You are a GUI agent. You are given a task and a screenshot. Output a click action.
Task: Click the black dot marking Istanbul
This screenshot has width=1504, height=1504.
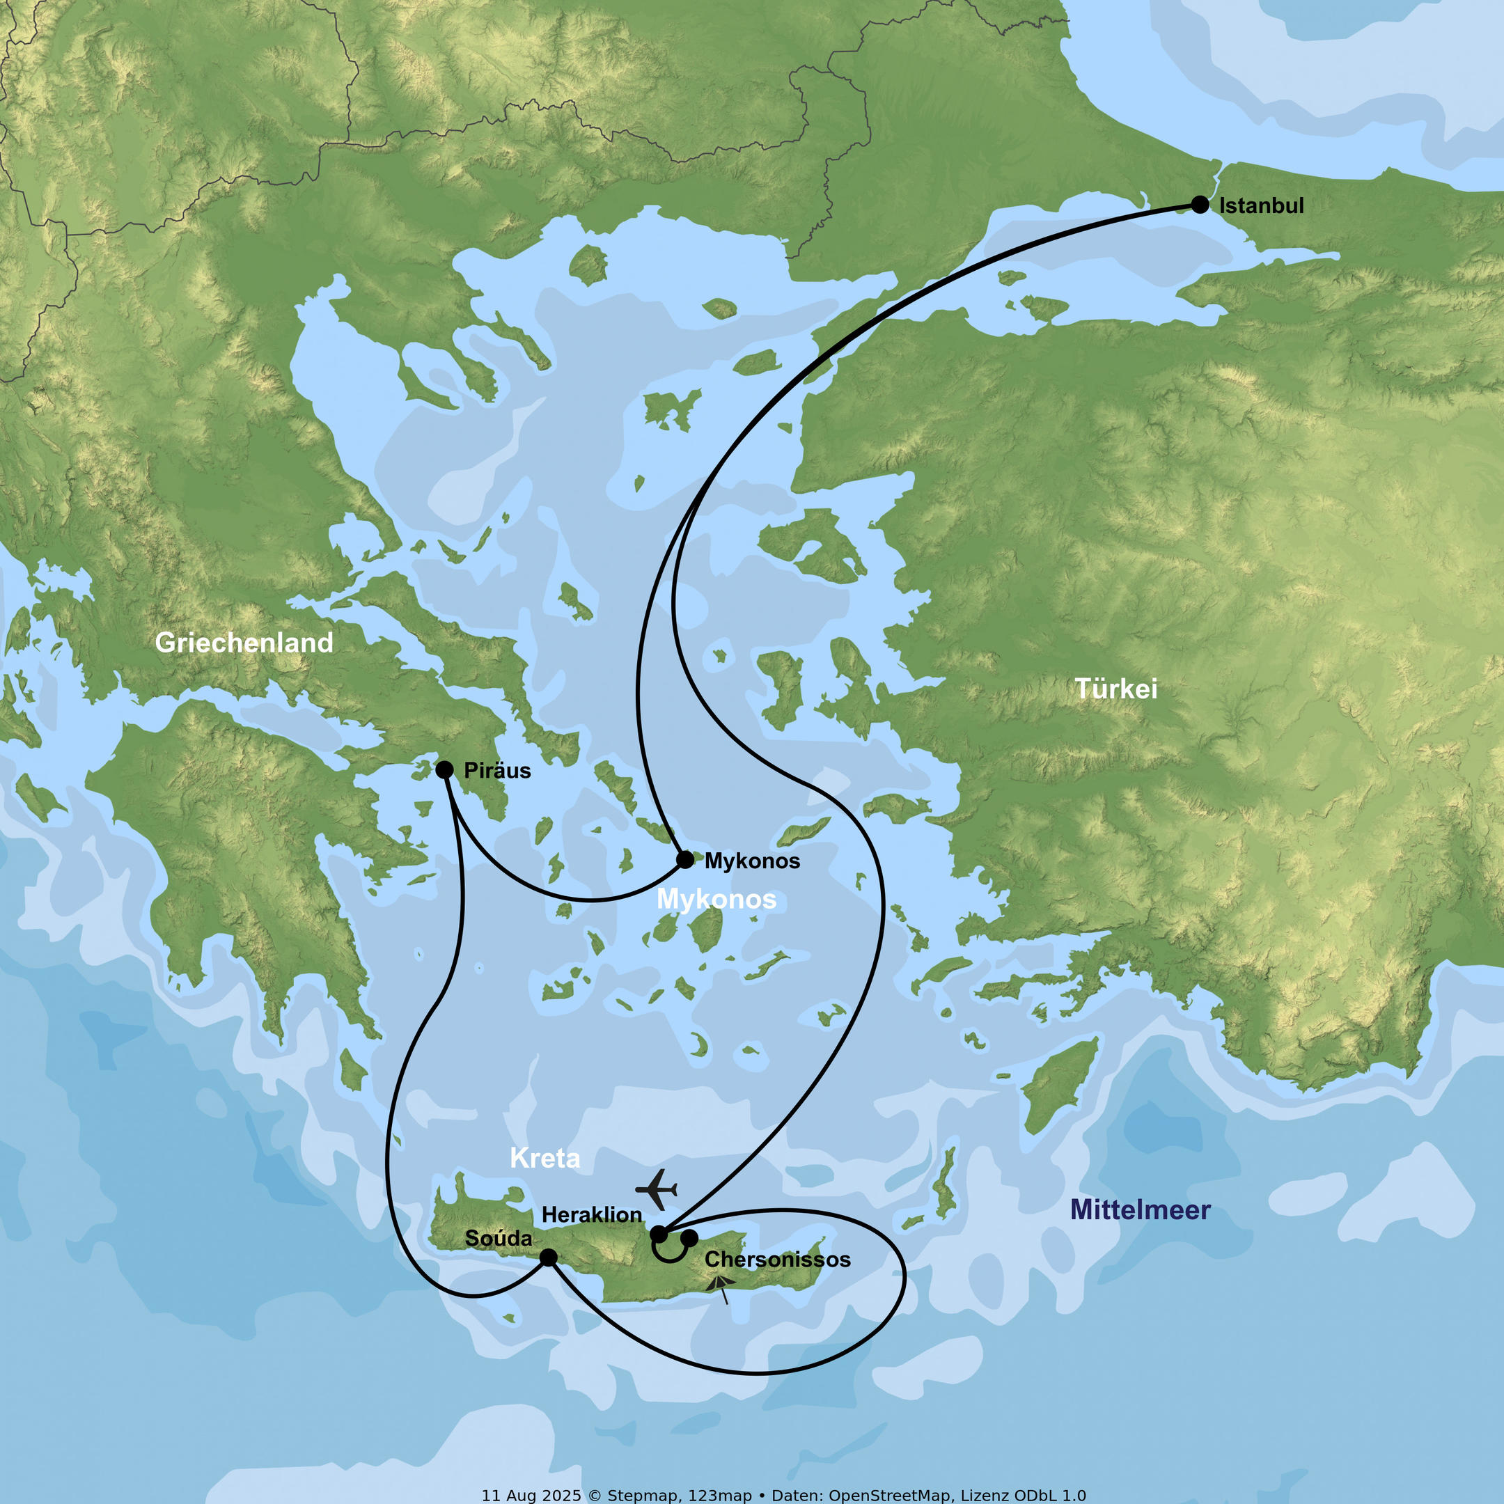(1200, 205)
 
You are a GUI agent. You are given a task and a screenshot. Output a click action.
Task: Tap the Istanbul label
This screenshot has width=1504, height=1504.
(1260, 205)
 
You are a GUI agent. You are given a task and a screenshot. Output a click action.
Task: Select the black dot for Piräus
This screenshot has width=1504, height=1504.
(444, 770)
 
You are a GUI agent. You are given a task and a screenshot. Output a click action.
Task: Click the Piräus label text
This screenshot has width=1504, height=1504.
(496, 771)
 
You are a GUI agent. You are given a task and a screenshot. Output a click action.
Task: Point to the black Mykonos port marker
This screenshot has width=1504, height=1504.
(685, 859)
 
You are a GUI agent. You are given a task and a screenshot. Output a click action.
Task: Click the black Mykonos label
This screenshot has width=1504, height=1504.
(751, 861)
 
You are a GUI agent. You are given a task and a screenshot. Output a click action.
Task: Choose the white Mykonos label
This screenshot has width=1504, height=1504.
(716, 899)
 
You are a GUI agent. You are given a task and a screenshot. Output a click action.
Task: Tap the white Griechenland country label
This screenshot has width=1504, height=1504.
(244, 642)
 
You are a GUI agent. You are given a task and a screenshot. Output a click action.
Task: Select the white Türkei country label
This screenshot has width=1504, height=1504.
(1115, 688)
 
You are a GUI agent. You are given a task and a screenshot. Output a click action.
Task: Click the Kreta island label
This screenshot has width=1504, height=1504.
(545, 1159)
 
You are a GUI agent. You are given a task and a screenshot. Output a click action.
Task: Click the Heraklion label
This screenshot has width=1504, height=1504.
(592, 1214)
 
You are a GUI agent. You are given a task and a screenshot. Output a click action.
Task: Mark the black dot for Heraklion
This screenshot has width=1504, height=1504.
(659, 1234)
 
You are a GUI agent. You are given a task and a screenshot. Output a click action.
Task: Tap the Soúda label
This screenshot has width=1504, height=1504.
(499, 1238)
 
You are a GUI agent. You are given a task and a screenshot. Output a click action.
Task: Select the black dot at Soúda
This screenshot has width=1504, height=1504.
(548, 1258)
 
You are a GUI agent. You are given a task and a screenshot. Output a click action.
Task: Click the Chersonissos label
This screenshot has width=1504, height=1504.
(777, 1260)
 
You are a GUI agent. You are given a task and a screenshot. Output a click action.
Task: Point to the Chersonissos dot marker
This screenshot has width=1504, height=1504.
(689, 1237)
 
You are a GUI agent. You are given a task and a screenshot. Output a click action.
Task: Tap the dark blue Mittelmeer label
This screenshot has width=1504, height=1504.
(1140, 1209)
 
